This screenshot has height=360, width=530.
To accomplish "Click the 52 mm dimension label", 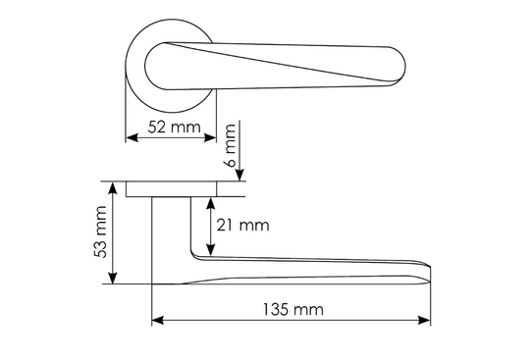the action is click(174, 128).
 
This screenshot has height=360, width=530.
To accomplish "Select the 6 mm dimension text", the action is click(230, 145).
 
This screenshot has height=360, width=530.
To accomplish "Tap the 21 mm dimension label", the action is click(242, 226).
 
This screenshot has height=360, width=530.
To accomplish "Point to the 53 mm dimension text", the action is click(100, 231).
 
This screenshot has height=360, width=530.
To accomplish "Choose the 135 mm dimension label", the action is click(293, 309).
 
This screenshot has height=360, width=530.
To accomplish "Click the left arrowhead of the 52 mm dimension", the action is click(132, 137).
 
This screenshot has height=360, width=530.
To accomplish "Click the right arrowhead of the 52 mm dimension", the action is click(210, 137).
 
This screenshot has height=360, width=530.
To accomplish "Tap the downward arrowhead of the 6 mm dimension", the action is click(239, 176).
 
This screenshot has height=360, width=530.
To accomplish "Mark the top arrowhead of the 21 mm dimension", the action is click(211, 203).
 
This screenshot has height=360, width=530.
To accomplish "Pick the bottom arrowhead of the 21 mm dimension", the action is click(211, 249).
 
